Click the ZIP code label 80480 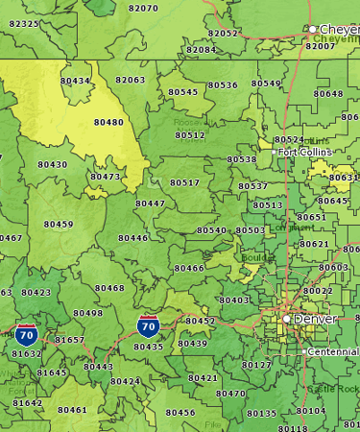click(x=110, y=122)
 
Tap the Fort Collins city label click(x=304, y=153)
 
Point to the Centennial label click(x=333, y=352)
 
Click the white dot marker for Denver click(x=286, y=318)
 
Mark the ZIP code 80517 click(x=184, y=182)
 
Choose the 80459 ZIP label click(x=58, y=225)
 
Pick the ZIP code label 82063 click(x=130, y=80)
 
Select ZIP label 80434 click(x=75, y=81)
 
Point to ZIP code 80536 click(x=222, y=85)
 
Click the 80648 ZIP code click(x=328, y=94)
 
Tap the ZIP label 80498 click(x=87, y=314)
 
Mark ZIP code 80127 click(x=256, y=365)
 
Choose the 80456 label click(x=180, y=412)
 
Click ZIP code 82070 click(x=143, y=8)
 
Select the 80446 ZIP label click(x=133, y=238)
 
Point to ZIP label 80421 click(x=204, y=378)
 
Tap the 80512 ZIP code click(x=190, y=135)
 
